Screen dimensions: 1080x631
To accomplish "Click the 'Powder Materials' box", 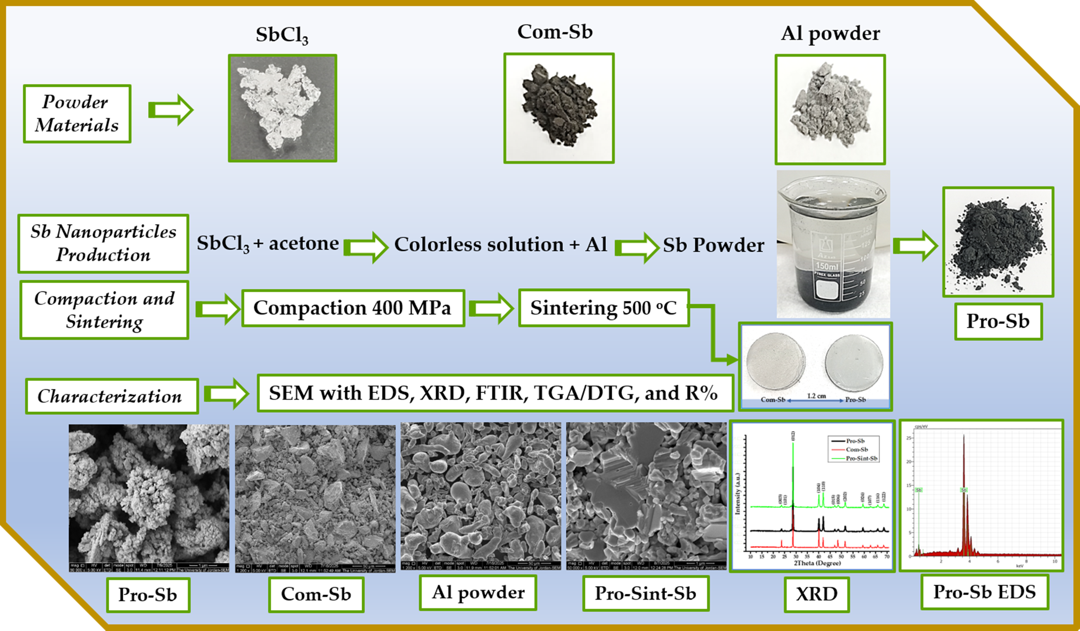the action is (x=77, y=114).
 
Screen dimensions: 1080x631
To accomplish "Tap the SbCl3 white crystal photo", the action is (x=282, y=108).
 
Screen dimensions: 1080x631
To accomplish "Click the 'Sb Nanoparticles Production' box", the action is (x=103, y=243).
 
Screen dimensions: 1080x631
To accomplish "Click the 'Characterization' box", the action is (x=111, y=396).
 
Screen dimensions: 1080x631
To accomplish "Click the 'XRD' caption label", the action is (x=816, y=594).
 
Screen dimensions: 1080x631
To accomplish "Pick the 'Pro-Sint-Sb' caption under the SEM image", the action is (x=645, y=593).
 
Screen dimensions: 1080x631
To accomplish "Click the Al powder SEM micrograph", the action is (x=480, y=496).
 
